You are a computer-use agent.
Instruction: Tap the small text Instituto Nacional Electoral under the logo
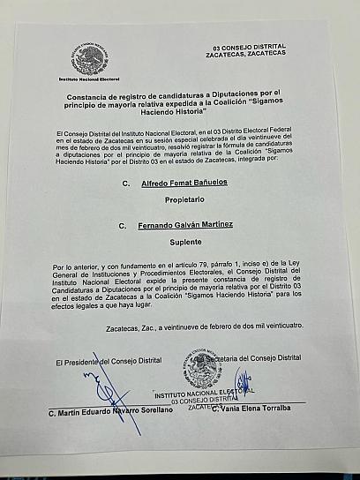(x=89, y=79)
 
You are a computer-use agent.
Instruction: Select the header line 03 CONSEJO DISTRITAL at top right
(x=251, y=46)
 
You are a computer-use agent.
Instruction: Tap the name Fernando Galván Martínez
(x=185, y=226)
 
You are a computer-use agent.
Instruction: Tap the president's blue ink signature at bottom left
(x=114, y=388)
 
